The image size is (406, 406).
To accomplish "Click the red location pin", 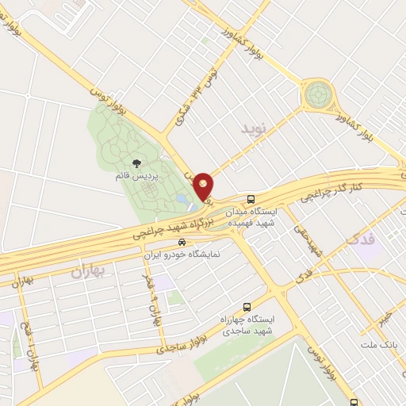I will tap(204, 185).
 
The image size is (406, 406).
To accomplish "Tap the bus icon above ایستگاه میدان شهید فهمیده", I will tap(251, 199).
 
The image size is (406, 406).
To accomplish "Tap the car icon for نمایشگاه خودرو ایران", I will tap(182, 242).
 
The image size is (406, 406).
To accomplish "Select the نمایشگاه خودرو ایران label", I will tap(183, 255).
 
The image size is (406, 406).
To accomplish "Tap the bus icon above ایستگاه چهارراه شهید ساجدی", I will tap(247, 305).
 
